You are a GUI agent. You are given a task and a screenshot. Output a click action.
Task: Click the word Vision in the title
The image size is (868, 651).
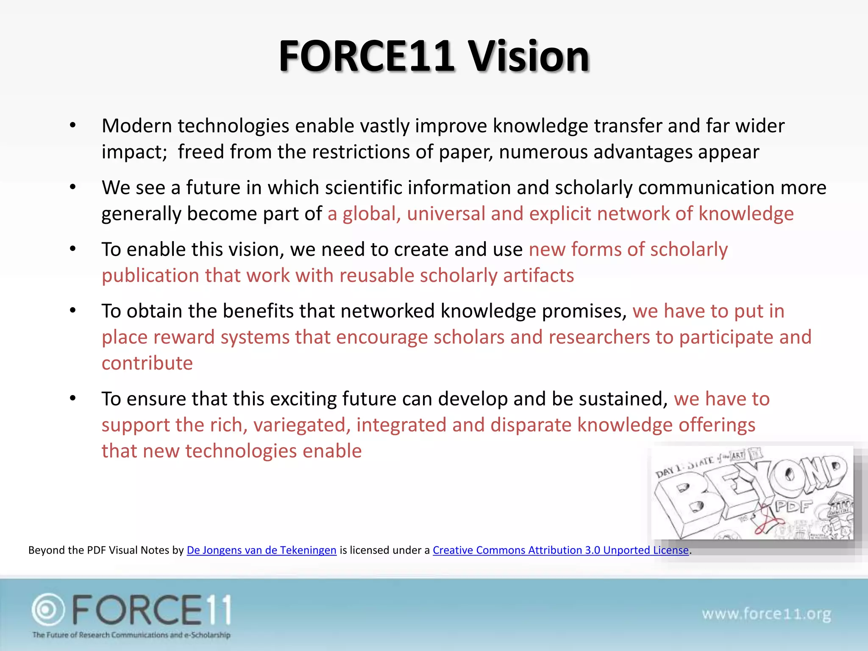(529, 56)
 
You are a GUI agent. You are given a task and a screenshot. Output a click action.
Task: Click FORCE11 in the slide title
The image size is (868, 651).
(366, 56)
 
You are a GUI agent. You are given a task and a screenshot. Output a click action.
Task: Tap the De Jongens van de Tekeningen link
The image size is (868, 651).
(262, 550)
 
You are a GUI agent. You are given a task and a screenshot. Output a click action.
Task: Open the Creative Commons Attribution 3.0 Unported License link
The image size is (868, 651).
(560, 550)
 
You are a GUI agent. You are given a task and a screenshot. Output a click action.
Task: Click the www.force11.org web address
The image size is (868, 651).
(766, 614)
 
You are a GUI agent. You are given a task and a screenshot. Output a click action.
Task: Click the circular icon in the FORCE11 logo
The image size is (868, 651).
(48, 609)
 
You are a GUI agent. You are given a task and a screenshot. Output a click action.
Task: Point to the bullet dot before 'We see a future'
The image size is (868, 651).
(73, 187)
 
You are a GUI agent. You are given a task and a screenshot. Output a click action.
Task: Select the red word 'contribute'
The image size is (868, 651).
(147, 363)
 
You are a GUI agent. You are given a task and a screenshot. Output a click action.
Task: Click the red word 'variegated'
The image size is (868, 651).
(302, 425)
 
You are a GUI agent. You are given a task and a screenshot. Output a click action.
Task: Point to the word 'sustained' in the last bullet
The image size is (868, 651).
(623, 399)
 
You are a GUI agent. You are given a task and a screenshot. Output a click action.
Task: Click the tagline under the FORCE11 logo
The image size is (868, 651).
(131, 635)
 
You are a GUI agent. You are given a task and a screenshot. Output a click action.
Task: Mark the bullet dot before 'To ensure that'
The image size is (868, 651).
(73, 398)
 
